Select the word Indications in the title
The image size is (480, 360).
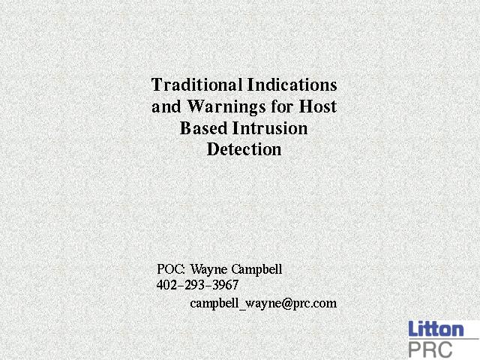(x=292, y=85)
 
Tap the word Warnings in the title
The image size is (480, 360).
(x=226, y=106)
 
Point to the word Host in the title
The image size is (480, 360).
(x=318, y=106)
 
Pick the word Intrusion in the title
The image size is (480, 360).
(x=270, y=128)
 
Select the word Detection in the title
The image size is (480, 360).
(x=244, y=149)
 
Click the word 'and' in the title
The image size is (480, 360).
(x=166, y=106)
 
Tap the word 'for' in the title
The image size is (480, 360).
(x=283, y=106)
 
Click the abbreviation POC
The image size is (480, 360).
(x=170, y=269)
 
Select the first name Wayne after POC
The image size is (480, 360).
(x=208, y=270)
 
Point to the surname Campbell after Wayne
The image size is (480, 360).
(x=256, y=270)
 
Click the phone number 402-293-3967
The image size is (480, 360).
(x=197, y=285)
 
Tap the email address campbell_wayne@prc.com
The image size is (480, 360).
(x=263, y=303)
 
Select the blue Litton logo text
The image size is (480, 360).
(x=436, y=328)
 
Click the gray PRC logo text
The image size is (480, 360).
(x=430, y=349)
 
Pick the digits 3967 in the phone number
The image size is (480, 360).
(x=226, y=285)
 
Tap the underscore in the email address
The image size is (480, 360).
(x=242, y=309)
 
